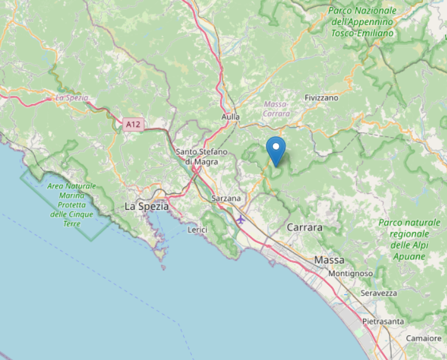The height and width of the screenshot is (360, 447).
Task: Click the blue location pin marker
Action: pos(276,149)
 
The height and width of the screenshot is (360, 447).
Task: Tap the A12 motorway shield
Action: pos(132,124)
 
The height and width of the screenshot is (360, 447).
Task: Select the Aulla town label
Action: pos(231,117)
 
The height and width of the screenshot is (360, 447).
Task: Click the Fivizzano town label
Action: pos(321,98)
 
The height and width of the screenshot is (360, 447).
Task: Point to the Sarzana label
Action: pos(227,198)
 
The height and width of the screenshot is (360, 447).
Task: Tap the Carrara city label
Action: pos(304,227)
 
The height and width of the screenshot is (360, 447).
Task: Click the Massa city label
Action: pos(329,260)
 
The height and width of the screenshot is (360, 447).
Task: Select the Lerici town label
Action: pos(198,231)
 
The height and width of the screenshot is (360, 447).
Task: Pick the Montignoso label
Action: pos(350,273)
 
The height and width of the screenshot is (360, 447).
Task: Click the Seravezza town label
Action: pos(378,294)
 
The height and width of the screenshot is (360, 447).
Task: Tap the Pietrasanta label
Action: pos(383,321)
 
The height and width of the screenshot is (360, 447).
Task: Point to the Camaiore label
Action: pos(424,339)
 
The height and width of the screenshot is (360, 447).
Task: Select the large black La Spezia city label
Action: pos(146,207)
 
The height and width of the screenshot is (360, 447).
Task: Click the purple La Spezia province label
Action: pos(71,98)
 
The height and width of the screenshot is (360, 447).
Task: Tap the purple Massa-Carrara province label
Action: pos(277,108)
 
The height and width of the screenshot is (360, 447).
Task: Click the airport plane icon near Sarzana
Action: pos(241,219)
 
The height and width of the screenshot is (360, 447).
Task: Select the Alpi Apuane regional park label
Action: pos(408,239)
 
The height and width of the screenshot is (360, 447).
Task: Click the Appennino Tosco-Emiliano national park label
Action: pos(362,21)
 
